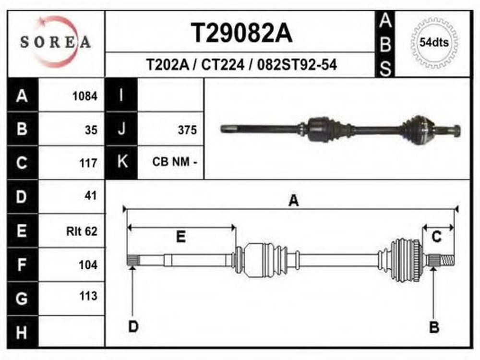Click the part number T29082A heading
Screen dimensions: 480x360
[x=241, y=33]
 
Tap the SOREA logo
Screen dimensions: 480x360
[x=56, y=42]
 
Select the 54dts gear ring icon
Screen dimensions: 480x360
[x=434, y=43]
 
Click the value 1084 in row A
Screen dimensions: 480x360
[x=85, y=96]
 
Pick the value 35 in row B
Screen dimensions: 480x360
[x=91, y=130]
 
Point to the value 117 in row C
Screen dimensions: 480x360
[x=88, y=163]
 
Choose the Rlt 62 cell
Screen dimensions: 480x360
[x=82, y=231]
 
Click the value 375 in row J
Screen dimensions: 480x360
[x=187, y=130]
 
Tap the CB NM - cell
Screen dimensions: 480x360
[x=175, y=162]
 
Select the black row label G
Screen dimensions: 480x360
[x=22, y=299]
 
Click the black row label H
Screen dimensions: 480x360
[x=22, y=332]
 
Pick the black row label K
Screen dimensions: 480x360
[x=122, y=161]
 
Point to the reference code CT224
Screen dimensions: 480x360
[x=223, y=65]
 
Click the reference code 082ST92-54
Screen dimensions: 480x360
[x=297, y=65]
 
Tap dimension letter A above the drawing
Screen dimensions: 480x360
[x=294, y=201]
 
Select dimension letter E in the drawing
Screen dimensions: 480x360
[x=181, y=237]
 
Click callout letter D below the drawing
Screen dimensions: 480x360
[x=133, y=326]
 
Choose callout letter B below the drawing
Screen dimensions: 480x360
[x=434, y=327]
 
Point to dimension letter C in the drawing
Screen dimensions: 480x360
[x=436, y=237]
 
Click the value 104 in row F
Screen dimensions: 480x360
[x=88, y=265]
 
